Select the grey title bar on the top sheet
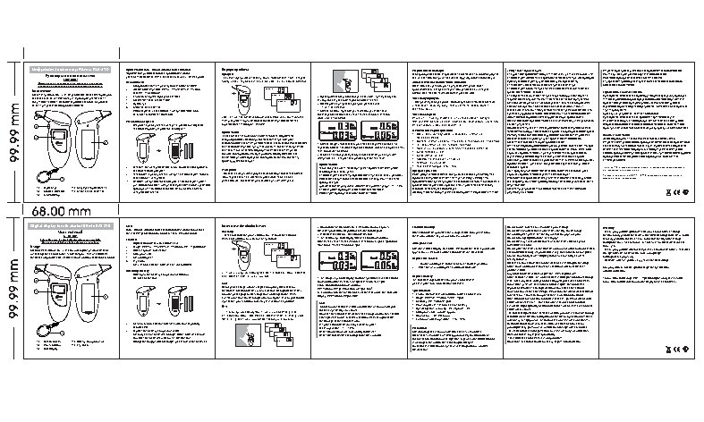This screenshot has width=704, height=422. click(x=73, y=68)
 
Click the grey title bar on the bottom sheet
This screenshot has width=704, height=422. click(x=73, y=228)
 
